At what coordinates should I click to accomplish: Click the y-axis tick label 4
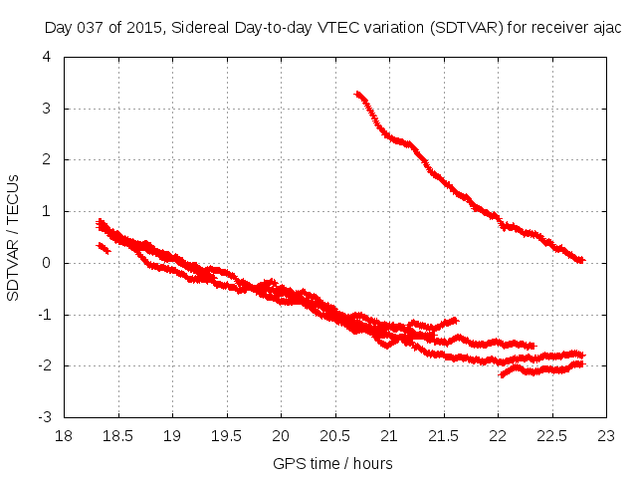pos(48,57)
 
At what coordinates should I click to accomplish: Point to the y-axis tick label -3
pos(46,417)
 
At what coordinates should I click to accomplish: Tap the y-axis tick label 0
pos(48,263)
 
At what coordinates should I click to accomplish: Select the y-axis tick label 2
pos(48,159)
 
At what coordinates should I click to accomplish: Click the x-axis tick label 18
pos(64,435)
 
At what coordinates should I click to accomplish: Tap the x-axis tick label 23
pos(606,435)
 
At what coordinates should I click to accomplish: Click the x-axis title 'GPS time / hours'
pos(333,463)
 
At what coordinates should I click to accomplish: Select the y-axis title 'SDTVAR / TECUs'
pos(14,237)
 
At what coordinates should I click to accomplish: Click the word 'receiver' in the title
pos(552,28)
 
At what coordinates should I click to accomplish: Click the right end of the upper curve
pos(581,260)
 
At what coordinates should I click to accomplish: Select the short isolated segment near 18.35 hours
pos(103,248)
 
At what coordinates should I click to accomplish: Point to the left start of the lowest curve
pos(503,374)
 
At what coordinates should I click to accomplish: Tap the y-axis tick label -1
pos(46,315)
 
